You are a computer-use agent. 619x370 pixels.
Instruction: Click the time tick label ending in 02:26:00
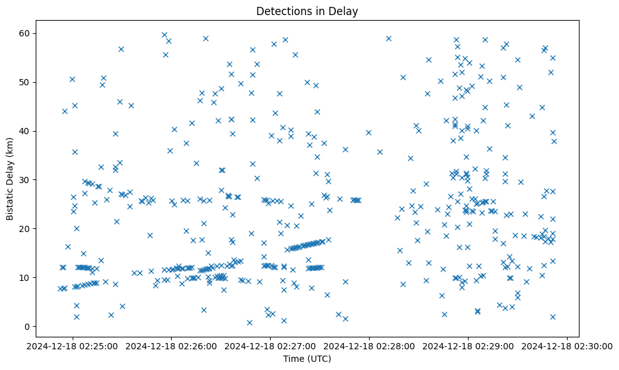171,346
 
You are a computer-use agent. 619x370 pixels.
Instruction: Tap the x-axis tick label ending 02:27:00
270,346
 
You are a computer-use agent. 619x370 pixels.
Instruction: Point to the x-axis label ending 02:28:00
369,346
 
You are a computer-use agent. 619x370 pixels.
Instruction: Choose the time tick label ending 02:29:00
469,346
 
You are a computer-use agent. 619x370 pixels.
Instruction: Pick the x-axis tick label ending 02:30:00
568,346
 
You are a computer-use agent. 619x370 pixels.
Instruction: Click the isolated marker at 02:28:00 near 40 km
368,132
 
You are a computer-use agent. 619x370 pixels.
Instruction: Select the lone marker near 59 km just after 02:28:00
388,38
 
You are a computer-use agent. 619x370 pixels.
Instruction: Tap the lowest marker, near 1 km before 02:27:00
249,322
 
